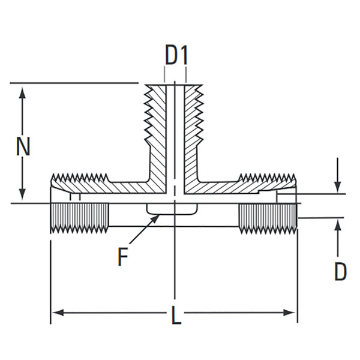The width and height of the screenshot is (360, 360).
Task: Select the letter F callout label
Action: tap(123, 257)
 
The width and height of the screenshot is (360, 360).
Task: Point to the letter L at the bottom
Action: tap(176, 316)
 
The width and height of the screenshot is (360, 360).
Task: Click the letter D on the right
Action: tap(340, 272)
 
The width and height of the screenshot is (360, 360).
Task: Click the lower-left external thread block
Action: tap(79, 217)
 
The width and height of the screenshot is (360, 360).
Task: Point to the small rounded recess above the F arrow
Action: tap(173, 209)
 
